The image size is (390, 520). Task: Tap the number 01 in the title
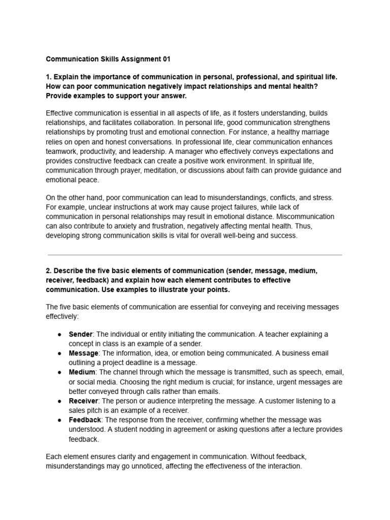(166, 59)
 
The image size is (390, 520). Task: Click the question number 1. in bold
(49, 77)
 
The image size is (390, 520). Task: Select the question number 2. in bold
(49, 271)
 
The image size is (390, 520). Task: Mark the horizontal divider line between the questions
(195, 255)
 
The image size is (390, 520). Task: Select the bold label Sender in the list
(80, 334)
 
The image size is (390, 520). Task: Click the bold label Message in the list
(83, 353)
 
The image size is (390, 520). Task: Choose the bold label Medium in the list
(82, 372)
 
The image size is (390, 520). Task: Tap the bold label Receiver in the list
(83, 401)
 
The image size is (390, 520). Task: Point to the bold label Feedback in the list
(85, 420)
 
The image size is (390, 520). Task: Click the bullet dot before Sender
(60, 335)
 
